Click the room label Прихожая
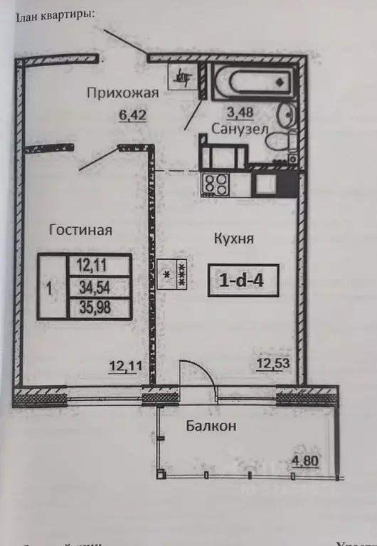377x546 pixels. pos(123,93)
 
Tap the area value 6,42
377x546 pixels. pos(132,115)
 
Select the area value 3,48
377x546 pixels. pos(240,112)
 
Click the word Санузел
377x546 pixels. pos(240,129)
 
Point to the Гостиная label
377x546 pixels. pos(81,230)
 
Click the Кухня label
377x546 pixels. pos(234,238)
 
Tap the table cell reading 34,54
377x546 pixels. pos(99,287)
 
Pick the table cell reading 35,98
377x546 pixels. pos(99,308)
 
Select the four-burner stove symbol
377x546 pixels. pos(216,184)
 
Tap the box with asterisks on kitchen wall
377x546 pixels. pos(174,273)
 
